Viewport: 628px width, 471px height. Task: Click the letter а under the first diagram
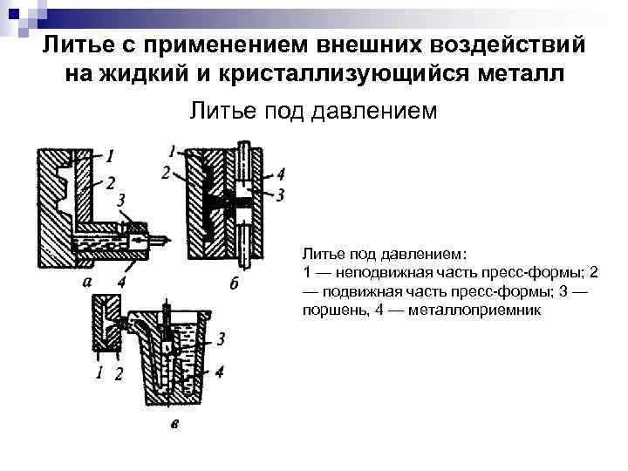pyautogui.click(x=86, y=281)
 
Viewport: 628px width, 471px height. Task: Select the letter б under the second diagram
pyautogui.click(x=233, y=283)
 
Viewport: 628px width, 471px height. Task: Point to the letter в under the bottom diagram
pyautogui.click(x=175, y=426)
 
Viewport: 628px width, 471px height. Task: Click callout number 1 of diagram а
pyautogui.click(x=110, y=157)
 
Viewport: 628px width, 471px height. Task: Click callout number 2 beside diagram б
pyautogui.click(x=166, y=173)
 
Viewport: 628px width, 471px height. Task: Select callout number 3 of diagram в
pyautogui.click(x=222, y=338)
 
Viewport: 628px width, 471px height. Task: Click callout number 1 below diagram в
pyautogui.click(x=99, y=373)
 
